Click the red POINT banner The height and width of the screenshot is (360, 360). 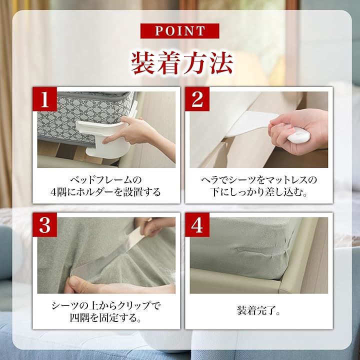(180, 31)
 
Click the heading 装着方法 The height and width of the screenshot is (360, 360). (182, 63)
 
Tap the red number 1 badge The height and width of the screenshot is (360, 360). (45, 99)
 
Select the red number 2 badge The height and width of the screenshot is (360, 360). (197, 99)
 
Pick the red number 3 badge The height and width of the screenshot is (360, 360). (45, 225)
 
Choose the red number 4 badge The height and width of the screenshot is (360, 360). (197, 225)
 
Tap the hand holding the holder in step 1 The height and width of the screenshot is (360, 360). (138, 133)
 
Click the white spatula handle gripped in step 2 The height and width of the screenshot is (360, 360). (298, 134)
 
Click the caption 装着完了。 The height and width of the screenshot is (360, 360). (258, 310)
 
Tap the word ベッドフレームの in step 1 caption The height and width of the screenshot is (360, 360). (106, 180)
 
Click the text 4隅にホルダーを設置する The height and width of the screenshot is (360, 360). (105, 192)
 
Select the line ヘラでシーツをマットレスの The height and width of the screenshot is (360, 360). (259, 180)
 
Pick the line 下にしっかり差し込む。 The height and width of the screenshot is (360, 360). (259, 192)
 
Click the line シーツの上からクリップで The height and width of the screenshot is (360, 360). (106, 305)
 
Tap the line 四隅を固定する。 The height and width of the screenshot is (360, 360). (105, 318)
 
